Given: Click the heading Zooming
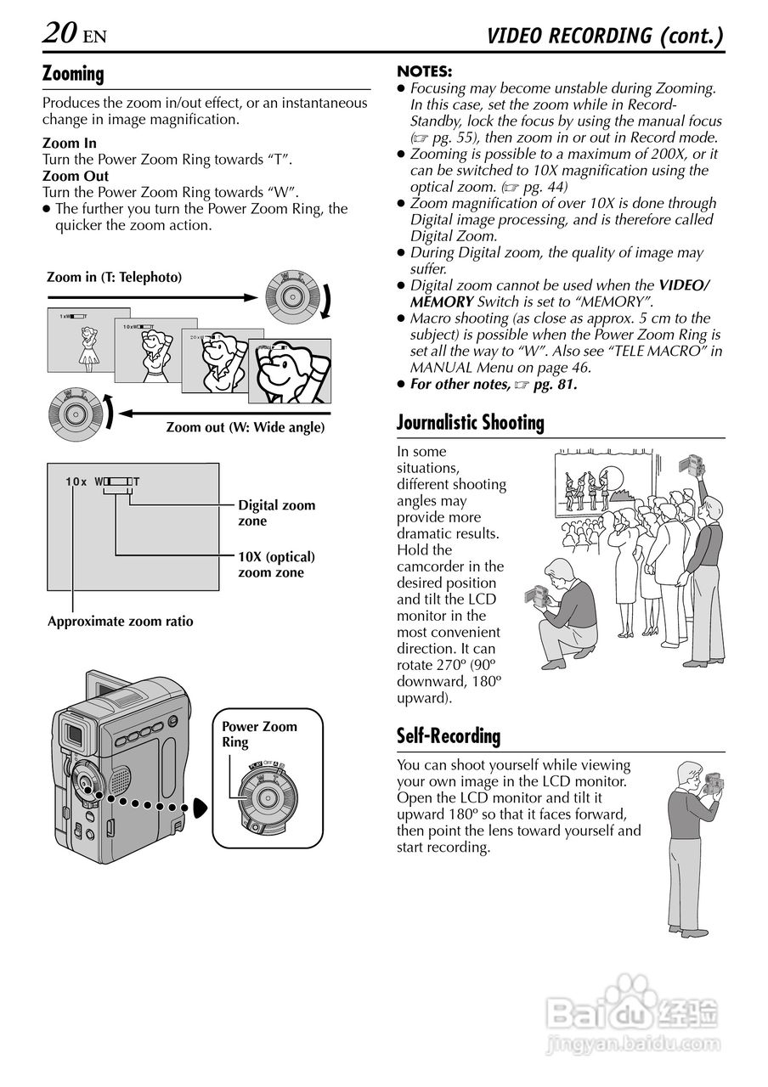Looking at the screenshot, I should pyautogui.click(x=73, y=74).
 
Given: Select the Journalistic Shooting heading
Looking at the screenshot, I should pyautogui.click(x=471, y=422).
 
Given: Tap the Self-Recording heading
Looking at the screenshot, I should pyautogui.click(x=449, y=735).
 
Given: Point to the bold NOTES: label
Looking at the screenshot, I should pyautogui.click(x=425, y=71).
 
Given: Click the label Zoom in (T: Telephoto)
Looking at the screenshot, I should pyautogui.click(x=115, y=277).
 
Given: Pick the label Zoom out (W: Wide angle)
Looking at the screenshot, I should pyautogui.click(x=245, y=427).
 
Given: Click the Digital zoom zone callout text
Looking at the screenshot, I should pyautogui.click(x=276, y=513).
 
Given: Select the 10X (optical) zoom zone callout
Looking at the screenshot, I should pyautogui.click(x=276, y=565).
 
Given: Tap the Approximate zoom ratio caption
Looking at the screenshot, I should pyautogui.click(x=120, y=622).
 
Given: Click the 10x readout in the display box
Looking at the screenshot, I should pyautogui.click(x=76, y=482).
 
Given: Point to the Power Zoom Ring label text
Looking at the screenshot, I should pyautogui.click(x=259, y=735).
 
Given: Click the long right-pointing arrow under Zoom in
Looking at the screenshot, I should pyautogui.click(x=153, y=297).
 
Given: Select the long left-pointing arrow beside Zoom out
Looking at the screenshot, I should pyautogui.click(x=221, y=414).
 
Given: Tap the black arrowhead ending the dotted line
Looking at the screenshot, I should pyautogui.click(x=200, y=808).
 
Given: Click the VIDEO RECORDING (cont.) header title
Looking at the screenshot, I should pyautogui.click(x=605, y=36).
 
